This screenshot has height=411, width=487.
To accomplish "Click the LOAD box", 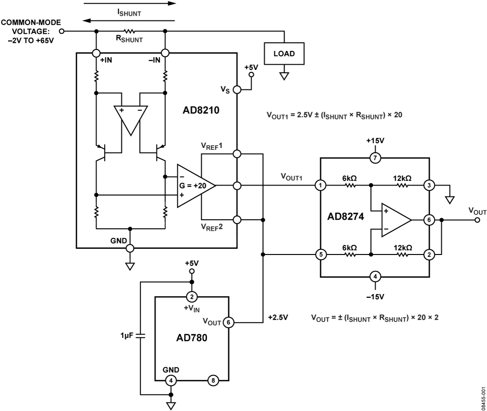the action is pyautogui.click(x=284, y=53).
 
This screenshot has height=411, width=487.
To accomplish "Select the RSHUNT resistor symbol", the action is pyautogui.click(x=129, y=31).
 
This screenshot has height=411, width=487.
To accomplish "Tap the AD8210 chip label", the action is pyautogui.click(x=201, y=110).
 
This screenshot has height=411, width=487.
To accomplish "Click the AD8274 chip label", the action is pyautogui.click(x=345, y=216).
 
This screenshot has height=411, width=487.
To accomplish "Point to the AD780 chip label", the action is pyautogui.click(x=192, y=338).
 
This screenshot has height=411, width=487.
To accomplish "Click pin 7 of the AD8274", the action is pyautogui.click(x=375, y=158).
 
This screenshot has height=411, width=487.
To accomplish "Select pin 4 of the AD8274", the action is pyautogui.click(x=375, y=276).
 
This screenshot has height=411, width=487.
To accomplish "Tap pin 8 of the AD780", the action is pyautogui.click(x=213, y=380).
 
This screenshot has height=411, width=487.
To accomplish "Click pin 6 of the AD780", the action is pyautogui.click(x=229, y=323).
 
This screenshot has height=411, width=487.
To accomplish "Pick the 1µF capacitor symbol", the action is pyautogui.click(x=140, y=336).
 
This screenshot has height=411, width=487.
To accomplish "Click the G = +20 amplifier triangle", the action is pyautogui.click(x=196, y=186).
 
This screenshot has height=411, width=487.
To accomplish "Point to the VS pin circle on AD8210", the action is pyautogui.click(x=237, y=90).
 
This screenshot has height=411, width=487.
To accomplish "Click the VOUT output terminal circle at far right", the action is pyautogui.click(x=477, y=220).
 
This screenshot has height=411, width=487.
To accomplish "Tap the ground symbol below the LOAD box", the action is pyautogui.click(x=284, y=76).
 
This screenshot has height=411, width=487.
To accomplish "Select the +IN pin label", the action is pyautogui.click(x=106, y=60).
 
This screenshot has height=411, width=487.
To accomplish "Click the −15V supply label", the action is pyautogui.click(x=375, y=297).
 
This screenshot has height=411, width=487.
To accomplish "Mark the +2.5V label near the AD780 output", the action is pyautogui.click(x=278, y=317).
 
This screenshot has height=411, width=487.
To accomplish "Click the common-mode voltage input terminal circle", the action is pyautogui.click(x=62, y=31).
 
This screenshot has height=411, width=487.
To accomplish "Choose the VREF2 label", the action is pyautogui.click(x=212, y=227).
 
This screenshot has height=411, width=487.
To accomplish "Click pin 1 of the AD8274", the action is pyautogui.click(x=321, y=186).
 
